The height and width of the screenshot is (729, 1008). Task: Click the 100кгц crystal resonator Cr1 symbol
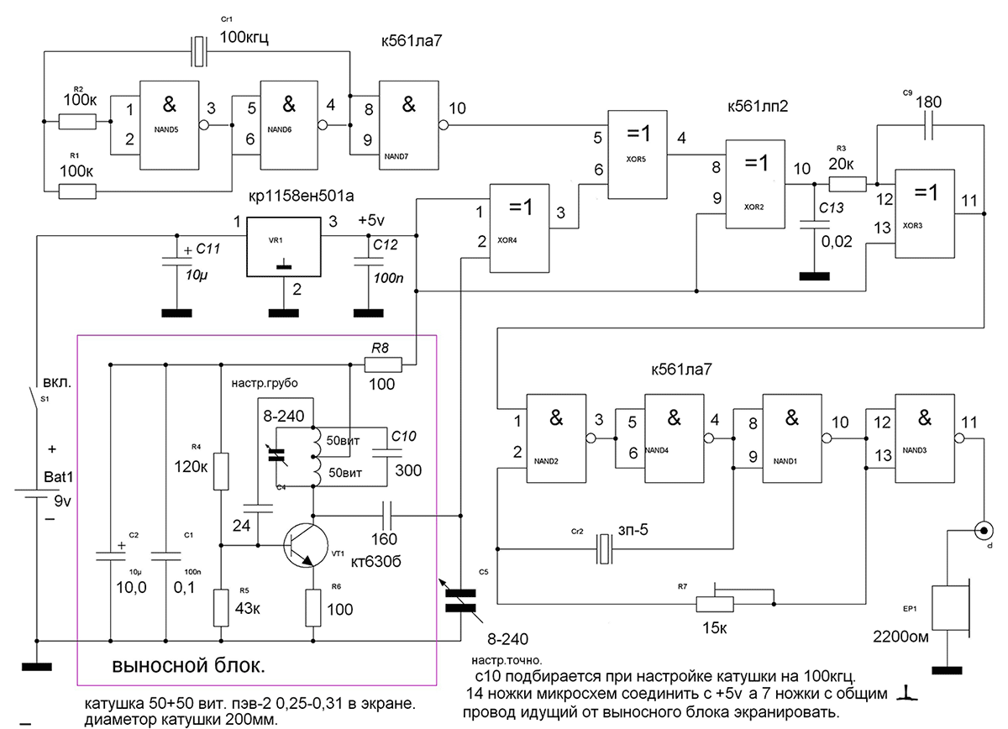click(199, 51)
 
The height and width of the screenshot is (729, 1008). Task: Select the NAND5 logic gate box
click(169, 125)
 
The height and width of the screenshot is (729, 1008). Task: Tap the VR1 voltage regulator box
click(284, 247)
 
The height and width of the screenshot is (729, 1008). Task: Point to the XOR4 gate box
click(519, 228)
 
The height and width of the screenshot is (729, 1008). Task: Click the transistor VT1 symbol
click(306, 545)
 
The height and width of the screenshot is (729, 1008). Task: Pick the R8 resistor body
click(383, 364)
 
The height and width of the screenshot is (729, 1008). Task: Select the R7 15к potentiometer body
click(715, 604)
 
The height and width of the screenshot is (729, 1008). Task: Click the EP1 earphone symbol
click(951, 607)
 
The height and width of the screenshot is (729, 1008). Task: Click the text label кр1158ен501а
click(301, 196)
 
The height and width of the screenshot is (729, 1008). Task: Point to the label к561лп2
click(758, 106)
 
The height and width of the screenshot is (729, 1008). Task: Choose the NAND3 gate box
click(924, 438)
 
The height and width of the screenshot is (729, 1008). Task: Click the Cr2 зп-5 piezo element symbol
click(604, 548)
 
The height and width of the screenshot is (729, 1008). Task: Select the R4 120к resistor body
click(220, 471)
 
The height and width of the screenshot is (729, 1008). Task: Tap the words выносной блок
click(188, 665)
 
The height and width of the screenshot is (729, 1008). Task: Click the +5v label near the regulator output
click(371, 220)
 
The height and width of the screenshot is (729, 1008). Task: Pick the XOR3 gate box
click(924, 214)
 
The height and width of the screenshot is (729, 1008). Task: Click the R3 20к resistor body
click(848, 184)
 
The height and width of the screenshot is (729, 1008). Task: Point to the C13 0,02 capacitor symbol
click(815, 225)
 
